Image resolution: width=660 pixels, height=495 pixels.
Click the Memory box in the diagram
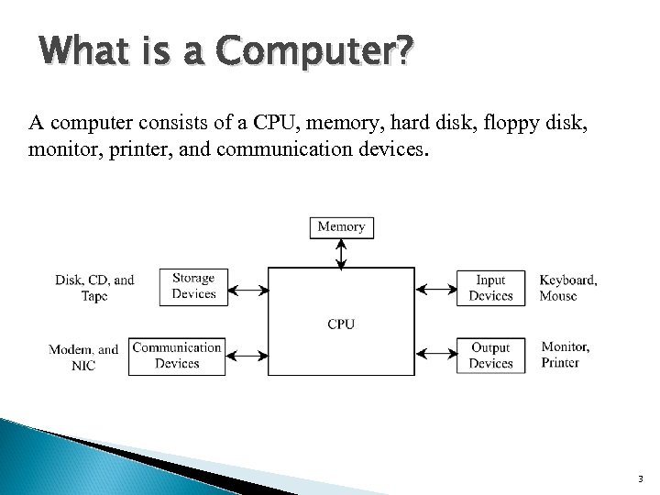pyautogui.click(x=341, y=225)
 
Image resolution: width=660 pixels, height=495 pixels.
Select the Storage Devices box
pyautogui.click(x=193, y=286)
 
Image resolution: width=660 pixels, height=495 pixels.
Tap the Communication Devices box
pyautogui.click(x=177, y=356)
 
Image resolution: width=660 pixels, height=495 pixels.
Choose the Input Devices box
pyautogui.click(x=490, y=287)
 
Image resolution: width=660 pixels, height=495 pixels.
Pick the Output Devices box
pyautogui.click(x=490, y=356)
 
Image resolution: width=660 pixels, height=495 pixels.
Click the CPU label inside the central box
pyautogui.click(x=341, y=324)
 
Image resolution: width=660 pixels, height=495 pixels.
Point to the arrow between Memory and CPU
pyautogui.click(x=341, y=253)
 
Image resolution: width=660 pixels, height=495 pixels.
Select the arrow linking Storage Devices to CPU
pyautogui.click(x=247, y=290)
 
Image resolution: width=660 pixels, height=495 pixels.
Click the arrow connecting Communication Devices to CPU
pyautogui.click(x=247, y=354)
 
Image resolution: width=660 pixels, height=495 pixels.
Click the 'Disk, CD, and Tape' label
pyautogui.click(x=94, y=288)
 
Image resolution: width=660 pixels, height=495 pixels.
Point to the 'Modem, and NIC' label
pyautogui.click(x=83, y=357)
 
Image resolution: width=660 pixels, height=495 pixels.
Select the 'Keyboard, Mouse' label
pyautogui.click(x=567, y=288)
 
